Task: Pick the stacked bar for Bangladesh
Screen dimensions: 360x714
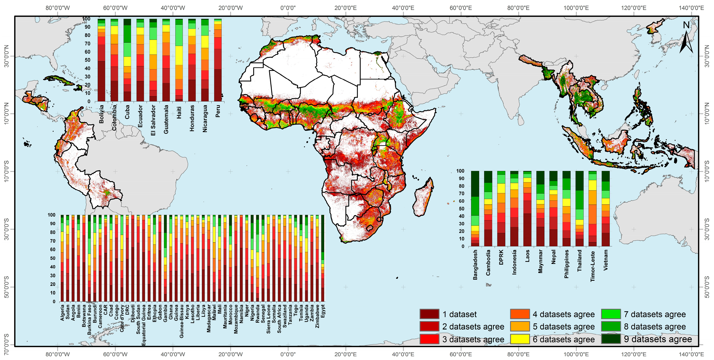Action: (x=475, y=208)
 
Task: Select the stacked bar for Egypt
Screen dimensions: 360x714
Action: (x=323, y=258)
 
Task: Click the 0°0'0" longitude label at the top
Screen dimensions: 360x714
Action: (x=288, y=8)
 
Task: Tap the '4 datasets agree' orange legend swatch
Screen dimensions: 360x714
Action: (x=520, y=314)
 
